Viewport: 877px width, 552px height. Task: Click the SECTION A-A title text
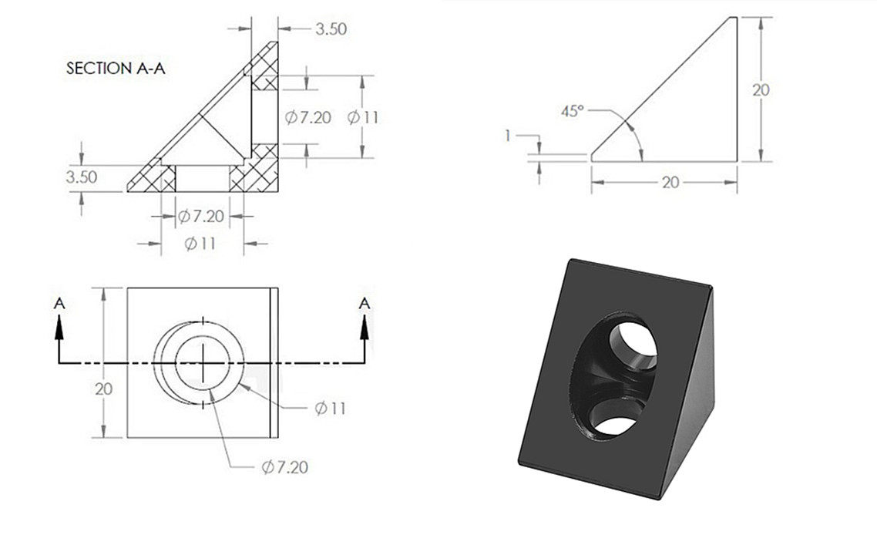pyautogui.click(x=116, y=69)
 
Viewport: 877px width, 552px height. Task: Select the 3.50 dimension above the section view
pyautogui.click(x=331, y=29)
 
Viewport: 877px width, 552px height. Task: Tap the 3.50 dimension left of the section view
pyautogui.click(x=82, y=177)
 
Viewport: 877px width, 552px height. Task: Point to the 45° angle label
pyautogui.click(x=572, y=111)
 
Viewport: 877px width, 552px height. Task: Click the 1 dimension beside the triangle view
pyautogui.click(x=508, y=136)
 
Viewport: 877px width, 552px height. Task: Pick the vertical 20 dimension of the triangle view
pyautogui.click(x=761, y=89)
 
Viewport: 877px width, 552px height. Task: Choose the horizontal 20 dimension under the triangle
pyautogui.click(x=670, y=182)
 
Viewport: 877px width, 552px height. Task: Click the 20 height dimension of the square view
pyautogui.click(x=103, y=389)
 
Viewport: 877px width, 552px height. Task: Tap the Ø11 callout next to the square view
pyautogui.click(x=331, y=409)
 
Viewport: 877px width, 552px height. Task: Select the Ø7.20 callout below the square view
pyautogui.click(x=285, y=467)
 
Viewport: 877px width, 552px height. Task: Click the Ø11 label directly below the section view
pyautogui.click(x=200, y=244)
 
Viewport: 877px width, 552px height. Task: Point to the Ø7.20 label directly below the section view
pyautogui.click(x=201, y=216)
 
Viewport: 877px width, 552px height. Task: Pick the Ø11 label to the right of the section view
pyautogui.click(x=363, y=117)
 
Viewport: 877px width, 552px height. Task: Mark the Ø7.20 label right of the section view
pyautogui.click(x=308, y=117)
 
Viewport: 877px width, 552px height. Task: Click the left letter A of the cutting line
pyautogui.click(x=59, y=303)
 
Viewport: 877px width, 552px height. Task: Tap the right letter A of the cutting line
pyautogui.click(x=364, y=303)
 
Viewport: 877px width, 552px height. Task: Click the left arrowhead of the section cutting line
pyautogui.click(x=59, y=327)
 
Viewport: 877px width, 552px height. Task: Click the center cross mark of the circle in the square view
pyautogui.click(x=203, y=362)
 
